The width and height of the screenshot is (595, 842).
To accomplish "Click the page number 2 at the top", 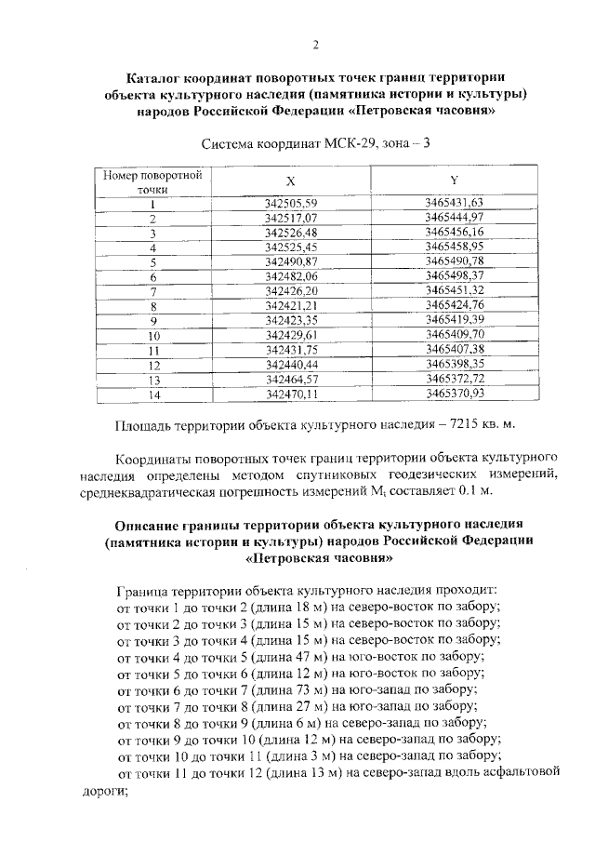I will [x=316, y=46].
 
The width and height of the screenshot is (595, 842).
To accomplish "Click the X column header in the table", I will [x=265, y=180].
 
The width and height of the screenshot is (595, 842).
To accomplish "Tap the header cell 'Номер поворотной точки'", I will [x=139, y=180].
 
